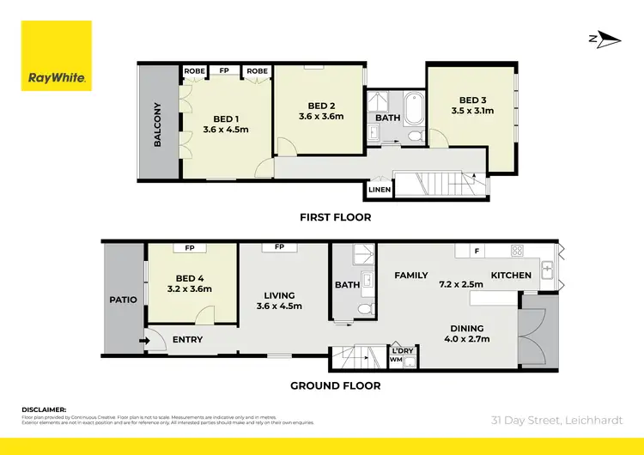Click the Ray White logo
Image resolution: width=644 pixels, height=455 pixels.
[x=56, y=56]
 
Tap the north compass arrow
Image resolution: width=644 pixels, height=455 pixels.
[x=605, y=38]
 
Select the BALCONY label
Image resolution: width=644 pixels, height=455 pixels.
[x=158, y=125]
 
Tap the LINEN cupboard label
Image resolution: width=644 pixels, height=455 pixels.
[x=380, y=189]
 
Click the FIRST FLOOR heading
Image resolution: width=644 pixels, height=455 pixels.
[x=335, y=217]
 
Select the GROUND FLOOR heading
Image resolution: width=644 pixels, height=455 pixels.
[x=335, y=386]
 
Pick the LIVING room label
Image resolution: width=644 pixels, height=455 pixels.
[x=282, y=300]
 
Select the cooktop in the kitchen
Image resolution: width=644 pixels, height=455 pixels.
[x=518, y=251]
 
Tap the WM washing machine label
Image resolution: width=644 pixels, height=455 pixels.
[x=396, y=361]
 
